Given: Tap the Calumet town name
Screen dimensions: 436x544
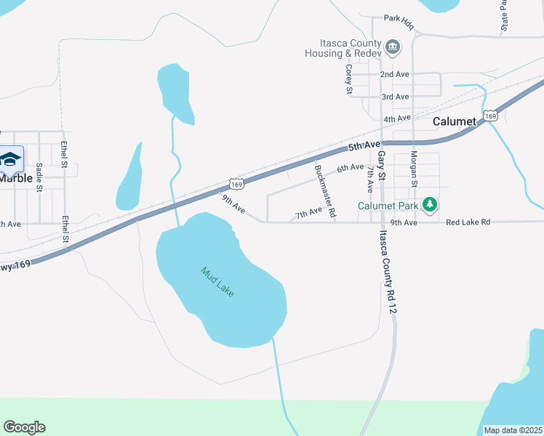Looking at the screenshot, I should click(454, 121).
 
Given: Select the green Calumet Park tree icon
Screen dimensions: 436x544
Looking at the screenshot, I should click(430, 205).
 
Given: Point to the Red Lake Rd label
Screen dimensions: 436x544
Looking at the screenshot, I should click(468, 222).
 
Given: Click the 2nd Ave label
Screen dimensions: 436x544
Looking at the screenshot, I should click(395, 74).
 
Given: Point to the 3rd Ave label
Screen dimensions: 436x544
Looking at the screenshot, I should click(395, 97).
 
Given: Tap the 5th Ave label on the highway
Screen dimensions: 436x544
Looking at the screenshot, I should click(364, 146).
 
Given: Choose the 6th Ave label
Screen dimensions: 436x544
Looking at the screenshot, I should click(350, 168).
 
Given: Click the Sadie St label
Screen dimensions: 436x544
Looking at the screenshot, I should click(39, 177).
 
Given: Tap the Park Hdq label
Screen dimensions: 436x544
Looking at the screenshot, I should click(399, 22).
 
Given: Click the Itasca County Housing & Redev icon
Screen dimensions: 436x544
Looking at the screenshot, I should click(393, 48).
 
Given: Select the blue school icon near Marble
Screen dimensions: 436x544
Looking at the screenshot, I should click(10, 158).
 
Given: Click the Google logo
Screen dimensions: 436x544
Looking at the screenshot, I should click(24, 427).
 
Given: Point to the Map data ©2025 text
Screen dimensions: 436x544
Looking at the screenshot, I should click(513, 430).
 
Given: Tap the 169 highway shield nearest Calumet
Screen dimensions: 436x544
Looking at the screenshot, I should click(491, 116).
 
